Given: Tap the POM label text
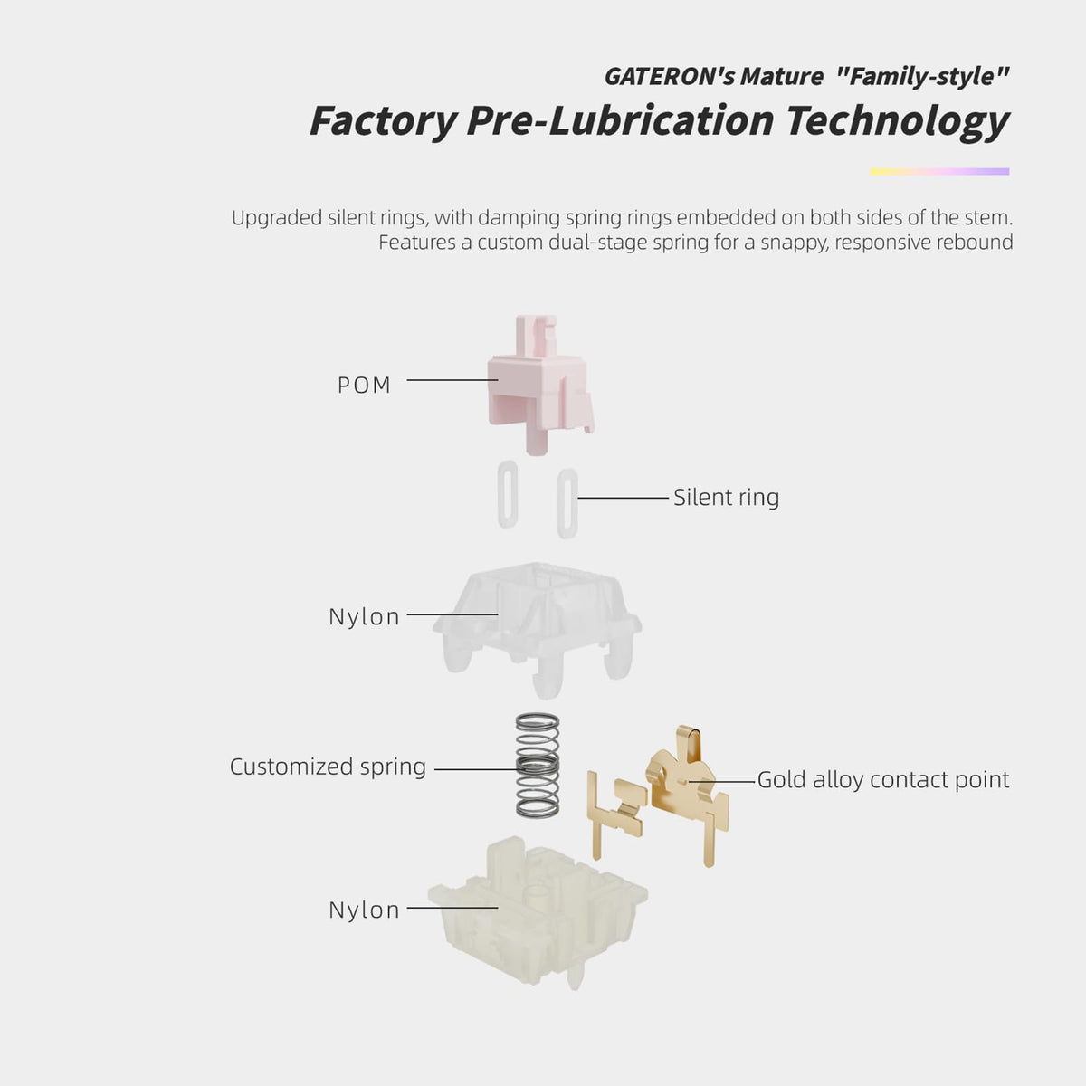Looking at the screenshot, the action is point(364,386).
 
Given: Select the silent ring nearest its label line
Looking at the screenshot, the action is point(567,503).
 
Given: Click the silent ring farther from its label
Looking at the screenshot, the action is point(508,494).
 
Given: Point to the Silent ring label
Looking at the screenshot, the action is point(727,497).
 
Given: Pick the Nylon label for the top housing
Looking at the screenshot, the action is point(364,616).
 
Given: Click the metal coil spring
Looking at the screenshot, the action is point(538,766).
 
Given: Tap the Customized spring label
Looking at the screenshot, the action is point(328,767).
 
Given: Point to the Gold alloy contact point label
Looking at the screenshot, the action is point(883,780).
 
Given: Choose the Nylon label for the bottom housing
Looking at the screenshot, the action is point(364,910).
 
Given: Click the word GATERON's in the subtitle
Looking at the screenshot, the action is point(670,77).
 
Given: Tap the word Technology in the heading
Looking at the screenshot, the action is point(897,120).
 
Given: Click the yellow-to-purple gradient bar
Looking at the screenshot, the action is point(939,171).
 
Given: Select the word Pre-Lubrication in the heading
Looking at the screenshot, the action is point(621,120).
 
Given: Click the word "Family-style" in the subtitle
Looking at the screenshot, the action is point(922,77).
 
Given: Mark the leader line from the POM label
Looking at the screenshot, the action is point(452,380).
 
